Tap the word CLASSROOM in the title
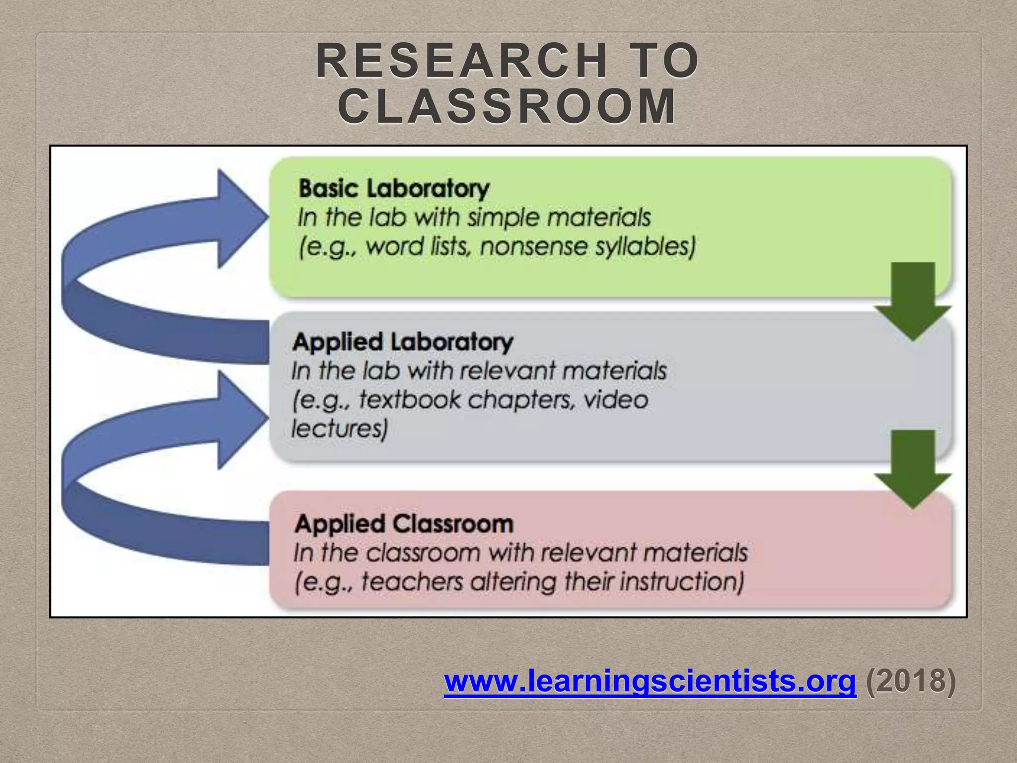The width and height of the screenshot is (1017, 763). point(508,106)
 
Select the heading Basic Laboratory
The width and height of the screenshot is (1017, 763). point(394,189)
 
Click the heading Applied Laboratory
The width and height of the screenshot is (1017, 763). point(403,342)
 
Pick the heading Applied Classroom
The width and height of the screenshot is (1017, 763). point(404,524)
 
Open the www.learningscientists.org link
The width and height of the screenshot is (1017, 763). point(650,682)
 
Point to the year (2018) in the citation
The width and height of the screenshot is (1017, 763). point(911,682)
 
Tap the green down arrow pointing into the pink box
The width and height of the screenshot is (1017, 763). point(913,469)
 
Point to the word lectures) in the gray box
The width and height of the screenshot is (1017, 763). point(339,429)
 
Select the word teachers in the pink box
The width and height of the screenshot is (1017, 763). point(412,582)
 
